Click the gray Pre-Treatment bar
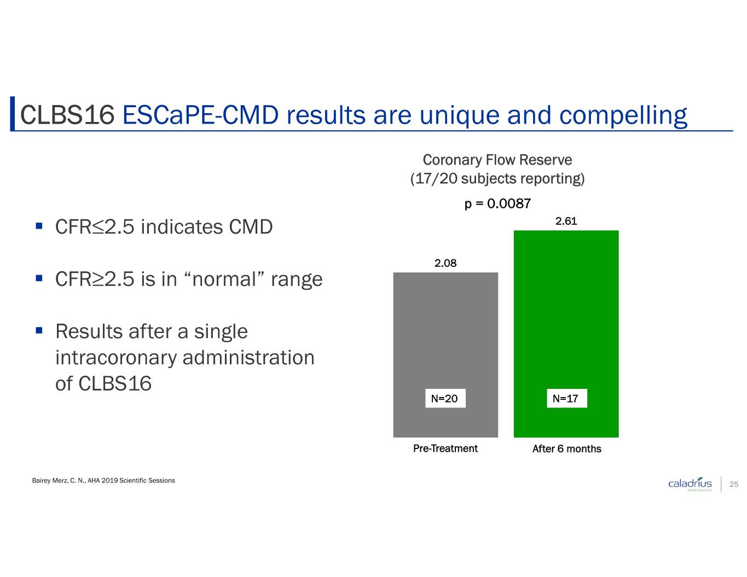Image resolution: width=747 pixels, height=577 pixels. pos(445,354)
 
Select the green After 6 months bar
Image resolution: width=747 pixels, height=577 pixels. pos(566,334)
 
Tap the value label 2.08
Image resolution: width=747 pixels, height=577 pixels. pos(445,263)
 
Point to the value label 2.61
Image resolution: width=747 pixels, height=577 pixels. pos(566,221)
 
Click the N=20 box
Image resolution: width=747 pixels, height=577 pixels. pos(445,398)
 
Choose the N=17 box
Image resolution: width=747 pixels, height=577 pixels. pos(566,398)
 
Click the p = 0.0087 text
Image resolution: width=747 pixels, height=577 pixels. pos(497,203)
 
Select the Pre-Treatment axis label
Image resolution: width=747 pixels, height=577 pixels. pos(445,448)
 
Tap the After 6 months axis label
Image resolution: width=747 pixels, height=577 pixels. pos(566,448)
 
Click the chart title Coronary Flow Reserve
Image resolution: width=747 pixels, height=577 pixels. pos(497,160)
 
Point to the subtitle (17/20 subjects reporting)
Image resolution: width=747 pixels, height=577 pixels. pos(497,179)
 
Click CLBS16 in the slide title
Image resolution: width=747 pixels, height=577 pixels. pos(67,115)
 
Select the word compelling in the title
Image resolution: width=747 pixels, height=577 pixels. pos(623,116)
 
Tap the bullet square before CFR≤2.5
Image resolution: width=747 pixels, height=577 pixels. pos(39,226)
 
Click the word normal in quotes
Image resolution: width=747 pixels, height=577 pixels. pos(224,279)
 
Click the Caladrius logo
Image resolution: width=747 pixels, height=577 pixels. pos(690,484)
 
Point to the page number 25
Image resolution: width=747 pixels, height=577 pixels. pos(734,484)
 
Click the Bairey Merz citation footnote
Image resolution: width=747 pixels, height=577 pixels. pos(103,481)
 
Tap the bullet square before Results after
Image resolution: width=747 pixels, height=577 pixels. pos(39,330)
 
